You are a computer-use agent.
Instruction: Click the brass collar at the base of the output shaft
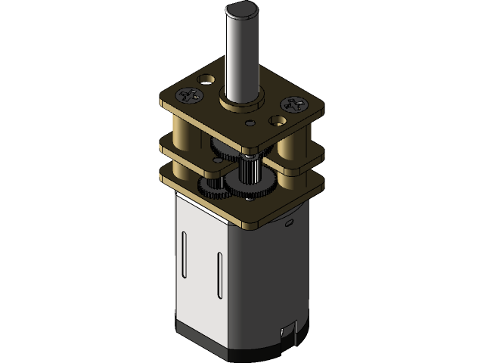[x=240, y=99]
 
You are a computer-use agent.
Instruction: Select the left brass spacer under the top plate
[x=182, y=129]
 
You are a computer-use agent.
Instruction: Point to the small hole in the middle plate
[x=219, y=160]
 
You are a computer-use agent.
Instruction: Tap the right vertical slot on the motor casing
[x=219, y=276]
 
